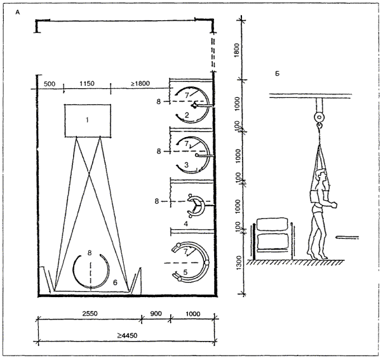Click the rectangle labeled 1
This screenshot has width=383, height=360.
(88, 119)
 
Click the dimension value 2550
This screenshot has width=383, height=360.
(88, 314)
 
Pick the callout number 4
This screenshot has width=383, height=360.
(185, 223)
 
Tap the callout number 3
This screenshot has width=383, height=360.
(186, 164)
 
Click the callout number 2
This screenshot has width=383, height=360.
(186, 114)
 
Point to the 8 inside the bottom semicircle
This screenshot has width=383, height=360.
(90, 253)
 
